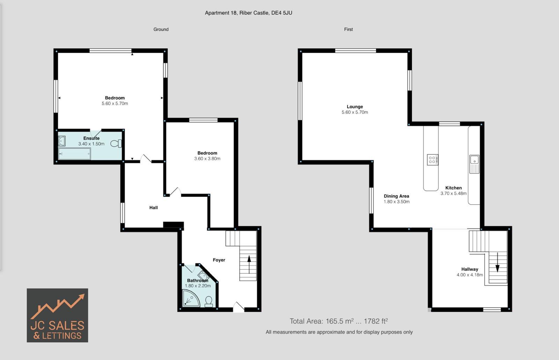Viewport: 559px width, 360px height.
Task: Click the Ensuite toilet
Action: [x=116, y=143]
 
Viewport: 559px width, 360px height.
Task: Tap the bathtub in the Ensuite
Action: [x=74, y=154]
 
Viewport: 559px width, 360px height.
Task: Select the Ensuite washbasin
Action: [x=62, y=141]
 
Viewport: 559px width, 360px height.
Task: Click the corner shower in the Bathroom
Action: [x=190, y=299]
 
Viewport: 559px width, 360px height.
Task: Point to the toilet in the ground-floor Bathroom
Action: [x=209, y=301]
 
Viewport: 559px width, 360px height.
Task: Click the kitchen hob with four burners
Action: [x=432, y=160]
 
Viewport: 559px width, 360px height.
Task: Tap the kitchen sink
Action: [x=474, y=160]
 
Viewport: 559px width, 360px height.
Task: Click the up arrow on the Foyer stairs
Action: [x=249, y=264]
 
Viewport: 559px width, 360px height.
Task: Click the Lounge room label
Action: [x=355, y=107]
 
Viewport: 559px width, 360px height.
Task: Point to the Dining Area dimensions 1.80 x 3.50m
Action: [x=397, y=202]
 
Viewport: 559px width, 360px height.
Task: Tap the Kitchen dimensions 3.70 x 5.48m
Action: [x=453, y=193]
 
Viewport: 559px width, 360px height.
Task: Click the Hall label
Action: [x=153, y=208]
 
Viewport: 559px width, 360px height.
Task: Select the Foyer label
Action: [x=219, y=260]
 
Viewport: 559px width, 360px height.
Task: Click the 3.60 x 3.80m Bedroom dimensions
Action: [x=207, y=159]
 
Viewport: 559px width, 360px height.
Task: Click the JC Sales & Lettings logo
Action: [x=57, y=315]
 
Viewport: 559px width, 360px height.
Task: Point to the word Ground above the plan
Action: [x=161, y=29]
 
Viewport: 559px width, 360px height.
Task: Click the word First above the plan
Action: [x=348, y=29]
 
